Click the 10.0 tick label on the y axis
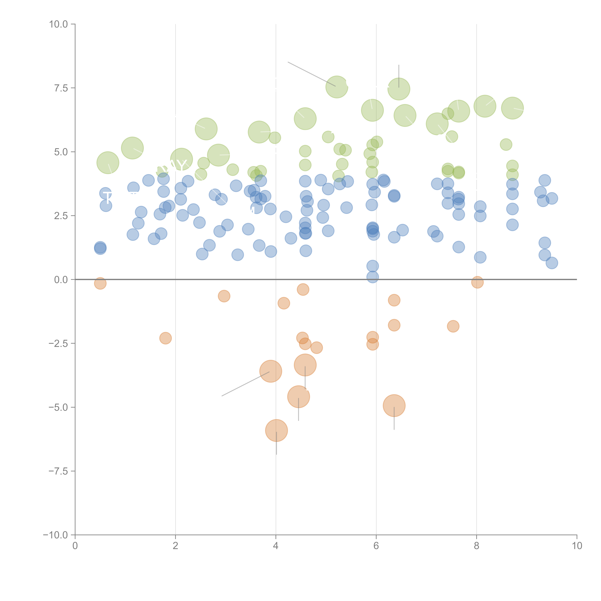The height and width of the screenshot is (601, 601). (x=59, y=24)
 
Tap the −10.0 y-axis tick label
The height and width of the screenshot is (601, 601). (x=55, y=535)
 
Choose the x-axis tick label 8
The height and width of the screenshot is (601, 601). (x=477, y=546)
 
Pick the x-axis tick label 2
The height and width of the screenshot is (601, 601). (x=175, y=546)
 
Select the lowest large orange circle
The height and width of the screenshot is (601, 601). (x=276, y=431)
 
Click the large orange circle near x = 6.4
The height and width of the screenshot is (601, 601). (x=394, y=406)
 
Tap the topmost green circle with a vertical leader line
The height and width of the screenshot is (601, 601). (x=399, y=89)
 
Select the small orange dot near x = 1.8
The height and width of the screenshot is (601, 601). (x=166, y=338)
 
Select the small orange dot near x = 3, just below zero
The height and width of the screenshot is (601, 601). (x=224, y=296)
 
